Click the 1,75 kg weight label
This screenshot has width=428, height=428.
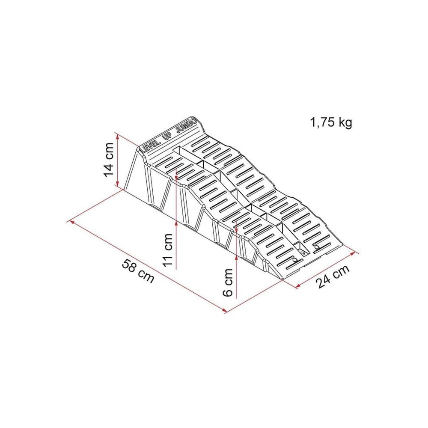pyautogui.click(x=331, y=122)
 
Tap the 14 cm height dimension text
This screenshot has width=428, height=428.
pyautogui.click(x=109, y=160)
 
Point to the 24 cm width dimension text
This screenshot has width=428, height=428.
pyautogui.click(x=333, y=276)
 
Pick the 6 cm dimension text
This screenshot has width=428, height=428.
pyautogui.click(x=228, y=282)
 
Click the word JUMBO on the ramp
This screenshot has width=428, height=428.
pyautogui.click(x=187, y=125)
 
